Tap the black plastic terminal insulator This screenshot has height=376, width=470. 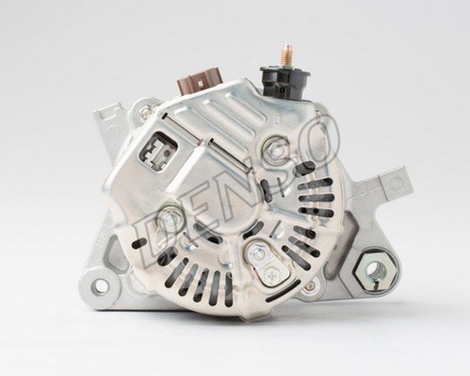(x=284, y=83)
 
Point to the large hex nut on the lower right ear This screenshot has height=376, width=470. (x=375, y=270)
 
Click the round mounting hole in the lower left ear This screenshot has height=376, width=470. (x=100, y=286)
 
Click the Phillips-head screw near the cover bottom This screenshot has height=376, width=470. (x=270, y=275)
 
